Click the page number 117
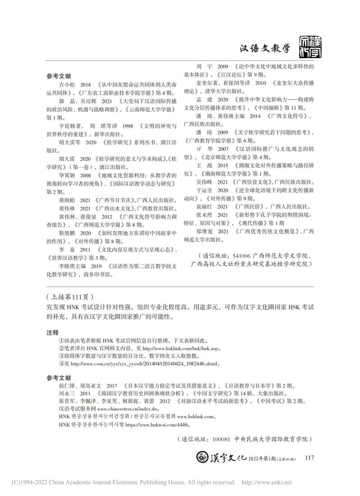click(309, 458)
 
